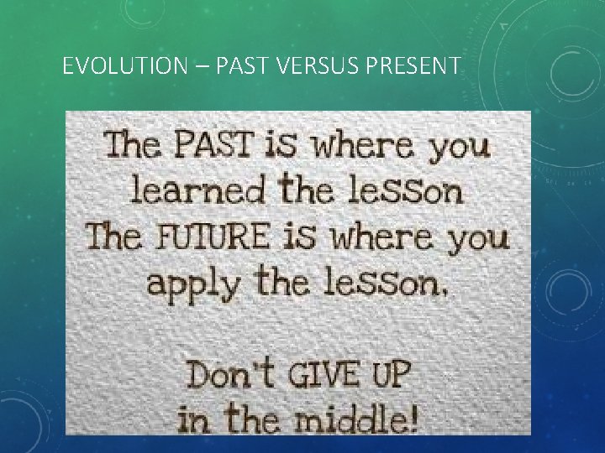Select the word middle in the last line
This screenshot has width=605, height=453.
click(x=347, y=419)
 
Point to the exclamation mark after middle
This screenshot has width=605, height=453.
click(x=412, y=417)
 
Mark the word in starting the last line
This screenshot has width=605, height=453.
click(x=192, y=419)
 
